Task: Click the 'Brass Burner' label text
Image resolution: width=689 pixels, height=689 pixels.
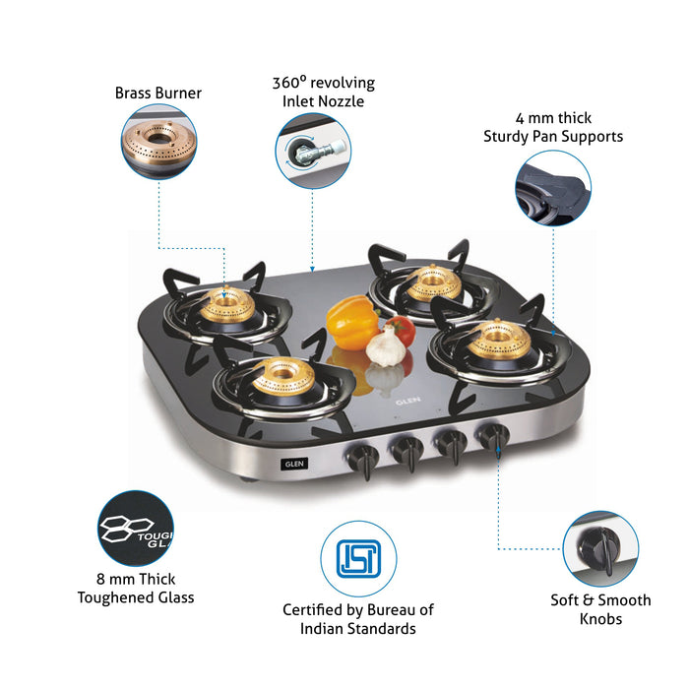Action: [x=157, y=94]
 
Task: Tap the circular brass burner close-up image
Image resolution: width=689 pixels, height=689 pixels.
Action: [x=157, y=143]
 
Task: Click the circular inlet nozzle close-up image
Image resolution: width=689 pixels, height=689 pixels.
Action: [x=312, y=150]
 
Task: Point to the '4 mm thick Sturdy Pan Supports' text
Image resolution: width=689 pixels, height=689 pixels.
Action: [x=552, y=127]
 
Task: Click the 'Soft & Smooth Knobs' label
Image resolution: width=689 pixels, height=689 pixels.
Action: [x=600, y=609]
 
